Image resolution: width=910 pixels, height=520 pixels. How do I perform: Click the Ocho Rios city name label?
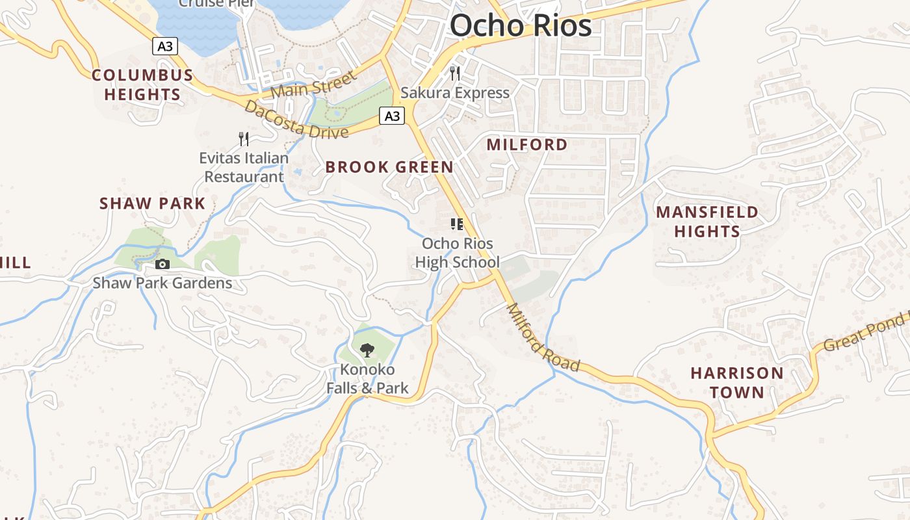coord(521,26)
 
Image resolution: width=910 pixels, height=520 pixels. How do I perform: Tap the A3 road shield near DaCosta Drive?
coord(392,116)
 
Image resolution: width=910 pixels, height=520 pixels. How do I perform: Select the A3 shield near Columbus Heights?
coord(165,46)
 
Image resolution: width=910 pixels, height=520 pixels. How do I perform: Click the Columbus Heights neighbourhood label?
coord(142,84)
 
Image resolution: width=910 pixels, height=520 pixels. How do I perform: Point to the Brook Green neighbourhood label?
coord(389,167)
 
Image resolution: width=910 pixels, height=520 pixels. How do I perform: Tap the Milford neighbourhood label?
coord(527,144)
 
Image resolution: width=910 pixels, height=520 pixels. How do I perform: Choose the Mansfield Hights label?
coord(707,222)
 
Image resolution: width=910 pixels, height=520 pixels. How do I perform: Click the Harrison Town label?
coord(737,382)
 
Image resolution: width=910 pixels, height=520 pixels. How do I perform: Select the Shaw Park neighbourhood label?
coord(152,203)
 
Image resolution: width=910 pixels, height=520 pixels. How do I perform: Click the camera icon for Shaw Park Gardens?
coord(162,264)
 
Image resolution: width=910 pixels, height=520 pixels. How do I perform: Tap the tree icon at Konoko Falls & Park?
coord(367,350)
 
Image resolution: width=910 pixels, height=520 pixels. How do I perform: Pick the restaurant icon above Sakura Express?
coord(455,73)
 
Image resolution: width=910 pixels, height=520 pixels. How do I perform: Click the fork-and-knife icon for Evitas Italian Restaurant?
coord(244,138)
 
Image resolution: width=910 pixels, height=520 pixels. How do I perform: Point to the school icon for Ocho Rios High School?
coord(457,225)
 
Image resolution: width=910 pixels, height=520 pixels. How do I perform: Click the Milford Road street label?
coord(542,338)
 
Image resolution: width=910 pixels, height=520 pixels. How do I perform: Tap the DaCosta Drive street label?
coord(296,120)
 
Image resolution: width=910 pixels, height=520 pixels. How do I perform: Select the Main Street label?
coord(314,85)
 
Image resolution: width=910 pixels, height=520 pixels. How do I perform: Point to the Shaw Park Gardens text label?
coord(162,283)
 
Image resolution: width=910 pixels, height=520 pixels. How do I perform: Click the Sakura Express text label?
coord(455,93)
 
